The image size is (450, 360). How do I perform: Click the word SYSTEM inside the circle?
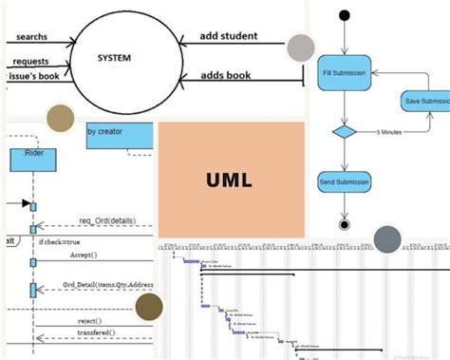click(x=114, y=58)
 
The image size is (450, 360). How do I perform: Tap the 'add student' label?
click(x=229, y=37)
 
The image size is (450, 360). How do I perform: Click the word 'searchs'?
click(x=33, y=38)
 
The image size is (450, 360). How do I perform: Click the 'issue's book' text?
click(x=32, y=73)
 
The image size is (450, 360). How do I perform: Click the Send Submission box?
click(x=344, y=180)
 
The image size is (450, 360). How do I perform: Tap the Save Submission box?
click(x=424, y=101)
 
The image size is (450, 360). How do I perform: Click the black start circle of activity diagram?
click(x=344, y=14)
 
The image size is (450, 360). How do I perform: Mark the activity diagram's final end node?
click(x=344, y=224)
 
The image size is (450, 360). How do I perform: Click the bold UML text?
click(x=232, y=179)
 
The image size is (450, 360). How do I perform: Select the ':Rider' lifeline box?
click(x=33, y=160)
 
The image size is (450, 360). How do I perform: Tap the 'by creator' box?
click(x=119, y=134)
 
